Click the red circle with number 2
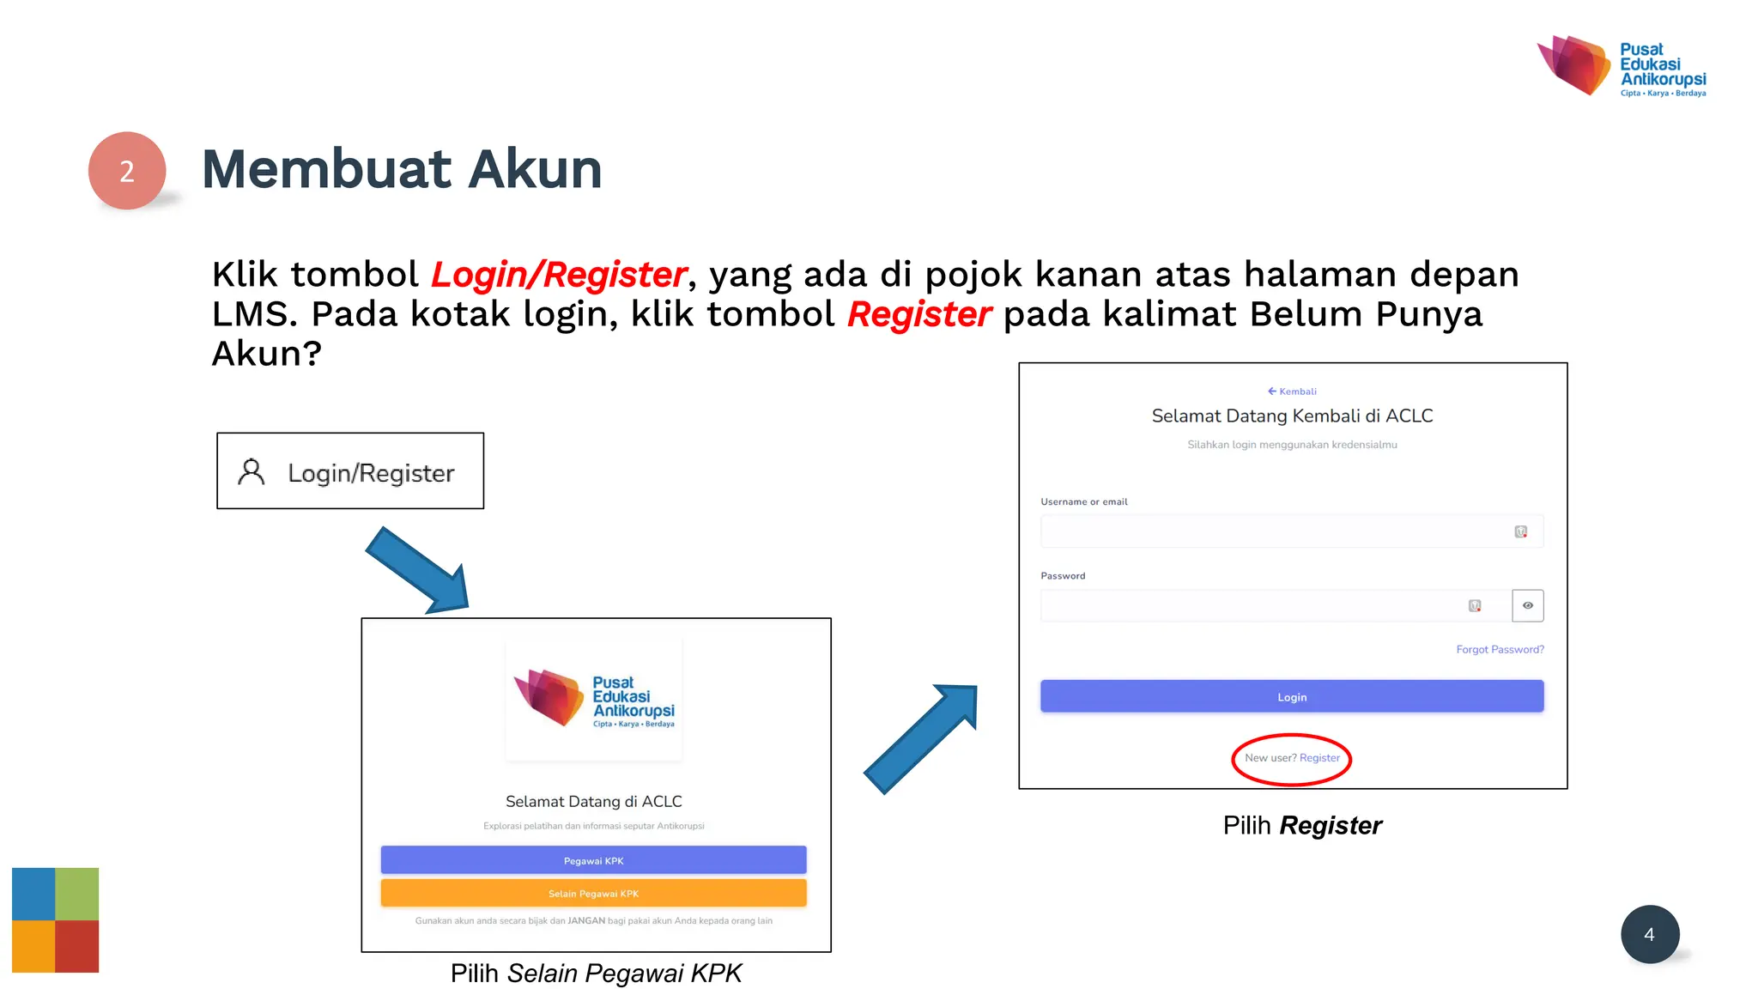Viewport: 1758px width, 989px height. [x=127, y=170]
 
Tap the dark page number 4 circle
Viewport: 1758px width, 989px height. [x=1649, y=934]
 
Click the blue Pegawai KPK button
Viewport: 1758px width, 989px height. [x=593, y=860]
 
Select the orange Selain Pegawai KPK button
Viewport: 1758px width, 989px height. [x=593, y=893]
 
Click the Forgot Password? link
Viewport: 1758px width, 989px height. [x=1499, y=649]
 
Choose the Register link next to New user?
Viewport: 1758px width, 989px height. [x=1319, y=758]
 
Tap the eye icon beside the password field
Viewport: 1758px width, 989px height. [x=1527, y=605]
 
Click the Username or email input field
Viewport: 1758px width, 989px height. [x=1275, y=531]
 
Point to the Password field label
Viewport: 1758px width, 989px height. [x=1063, y=576]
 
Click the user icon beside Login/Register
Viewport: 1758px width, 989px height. [x=252, y=471]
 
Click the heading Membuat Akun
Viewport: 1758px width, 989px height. [x=402, y=169]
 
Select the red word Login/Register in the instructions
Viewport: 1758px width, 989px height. [x=559, y=275]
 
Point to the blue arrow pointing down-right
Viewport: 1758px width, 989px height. [x=419, y=571]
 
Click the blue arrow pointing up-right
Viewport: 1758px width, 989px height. [x=922, y=737]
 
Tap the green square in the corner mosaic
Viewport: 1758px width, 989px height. [x=77, y=894]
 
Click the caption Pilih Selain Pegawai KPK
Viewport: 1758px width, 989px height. [x=596, y=973]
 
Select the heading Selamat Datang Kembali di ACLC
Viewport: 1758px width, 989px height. [x=1292, y=416]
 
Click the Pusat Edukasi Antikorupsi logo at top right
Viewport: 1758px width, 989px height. [x=1621, y=66]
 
